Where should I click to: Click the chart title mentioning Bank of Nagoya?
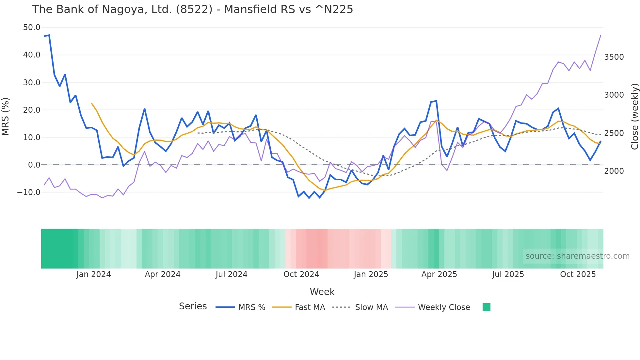pos(192,9)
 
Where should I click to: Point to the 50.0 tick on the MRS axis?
pos(31,27)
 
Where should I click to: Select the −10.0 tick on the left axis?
pos(29,192)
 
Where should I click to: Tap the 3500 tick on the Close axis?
pos(614,57)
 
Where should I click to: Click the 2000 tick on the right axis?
pos(614,171)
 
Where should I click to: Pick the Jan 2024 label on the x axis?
pos(93,274)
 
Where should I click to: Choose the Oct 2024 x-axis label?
pos(301,274)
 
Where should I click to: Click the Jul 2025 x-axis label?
pos(508,274)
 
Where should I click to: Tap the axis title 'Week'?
pos(322,292)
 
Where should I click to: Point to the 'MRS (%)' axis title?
pos(6,116)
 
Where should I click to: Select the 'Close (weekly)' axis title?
pos(634,116)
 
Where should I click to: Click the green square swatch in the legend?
pos(486,307)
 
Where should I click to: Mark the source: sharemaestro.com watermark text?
pos(577,256)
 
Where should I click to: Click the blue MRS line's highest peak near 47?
pos(49,35)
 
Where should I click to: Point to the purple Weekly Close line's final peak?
pos(600,35)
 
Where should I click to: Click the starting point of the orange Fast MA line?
pos(92,104)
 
